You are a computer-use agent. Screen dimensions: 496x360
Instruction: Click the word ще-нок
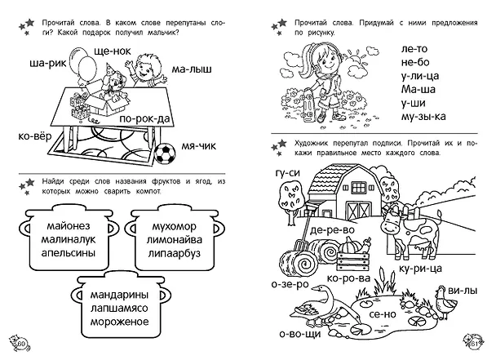pyautogui.click(x=113, y=51)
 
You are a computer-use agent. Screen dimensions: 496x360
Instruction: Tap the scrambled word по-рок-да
pyautogui.click(x=145, y=119)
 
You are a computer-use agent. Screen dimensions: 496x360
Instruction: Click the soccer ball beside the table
pyautogui.click(x=165, y=154)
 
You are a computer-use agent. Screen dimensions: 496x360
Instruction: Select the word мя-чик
pyautogui.click(x=199, y=146)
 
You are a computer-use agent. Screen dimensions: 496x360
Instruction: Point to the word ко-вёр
pyautogui.click(x=35, y=137)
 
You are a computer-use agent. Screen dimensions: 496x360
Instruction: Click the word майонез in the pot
pyautogui.click(x=69, y=226)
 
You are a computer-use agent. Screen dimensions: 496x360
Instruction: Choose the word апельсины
pyautogui.click(x=69, y=253)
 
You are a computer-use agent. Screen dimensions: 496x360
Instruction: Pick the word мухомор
pyautogui.click(x=175, y=227)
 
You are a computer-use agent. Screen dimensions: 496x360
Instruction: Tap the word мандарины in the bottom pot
pyautogui.click(x=120, y=295)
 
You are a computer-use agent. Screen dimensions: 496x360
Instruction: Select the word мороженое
pyautogui.click(x=120, y=322)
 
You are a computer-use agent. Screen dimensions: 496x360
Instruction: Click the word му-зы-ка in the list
pyautogui.click(x=423, y=117)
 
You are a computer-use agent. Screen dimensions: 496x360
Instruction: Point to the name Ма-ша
pyautogui.click(x=418, y=89)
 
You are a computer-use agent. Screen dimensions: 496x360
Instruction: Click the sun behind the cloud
pyautogui.click(x=355, y=58)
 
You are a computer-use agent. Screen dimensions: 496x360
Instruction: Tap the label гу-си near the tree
pyautogui.click(x=287, y=173)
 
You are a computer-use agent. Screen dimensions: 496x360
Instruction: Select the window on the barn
pyautogui.click(x=358, y=188)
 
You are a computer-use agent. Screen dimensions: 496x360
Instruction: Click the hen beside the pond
pyautogui.click(x=445, y=302)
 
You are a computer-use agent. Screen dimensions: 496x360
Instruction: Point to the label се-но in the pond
pyautogui.click(x=383, y=314)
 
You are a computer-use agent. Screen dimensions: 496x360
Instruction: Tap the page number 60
pyautogui.click(x=22, y=344)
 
